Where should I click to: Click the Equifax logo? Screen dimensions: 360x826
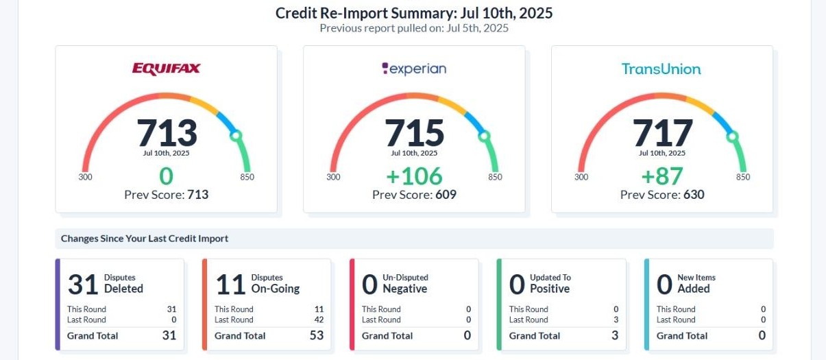pos(166,69)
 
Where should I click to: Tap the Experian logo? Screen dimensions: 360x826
pos(414,69)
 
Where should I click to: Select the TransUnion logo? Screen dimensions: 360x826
pos(661,69)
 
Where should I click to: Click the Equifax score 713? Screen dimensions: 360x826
pos(167,132)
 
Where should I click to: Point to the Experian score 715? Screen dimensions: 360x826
pos(414,132)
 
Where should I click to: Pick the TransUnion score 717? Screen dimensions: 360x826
pos(662,132)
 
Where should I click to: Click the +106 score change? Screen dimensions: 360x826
pos(414,176)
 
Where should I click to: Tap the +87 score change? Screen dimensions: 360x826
pos(662,176)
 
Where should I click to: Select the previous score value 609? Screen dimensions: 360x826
pos(446,195)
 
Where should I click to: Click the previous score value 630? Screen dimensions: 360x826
pos(694,195)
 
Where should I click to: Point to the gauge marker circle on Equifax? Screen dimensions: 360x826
pos(236,136)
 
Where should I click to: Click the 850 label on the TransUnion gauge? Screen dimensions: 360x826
pos(743,177)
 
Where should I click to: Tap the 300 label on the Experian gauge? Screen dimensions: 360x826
pos(333,177)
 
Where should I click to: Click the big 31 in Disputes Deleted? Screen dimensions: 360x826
pos(82,284)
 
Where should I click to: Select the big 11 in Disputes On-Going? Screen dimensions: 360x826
pos(230,284)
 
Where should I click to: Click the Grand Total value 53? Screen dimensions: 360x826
pos(316,335)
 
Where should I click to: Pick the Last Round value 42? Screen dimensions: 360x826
pos(319,320)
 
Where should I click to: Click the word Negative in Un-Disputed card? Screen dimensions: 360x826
pos(404,289)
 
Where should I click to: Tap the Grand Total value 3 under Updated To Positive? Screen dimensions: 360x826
pos(615,335)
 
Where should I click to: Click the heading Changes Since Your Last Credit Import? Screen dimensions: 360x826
pos(145,239)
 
